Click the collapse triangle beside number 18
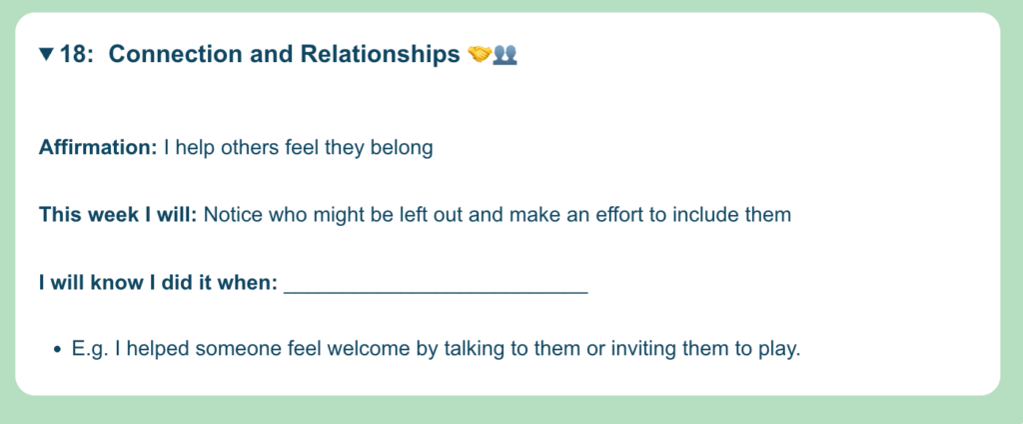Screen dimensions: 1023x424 (x=46, y=54)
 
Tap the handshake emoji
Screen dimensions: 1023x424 (x=480, y=54)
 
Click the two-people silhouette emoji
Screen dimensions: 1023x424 (x=505, y=54)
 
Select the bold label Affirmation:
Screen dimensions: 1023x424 (x=98, y=148)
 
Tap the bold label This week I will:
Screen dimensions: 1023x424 (x=118, y=214)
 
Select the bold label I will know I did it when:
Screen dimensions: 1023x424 (x=159, y=284)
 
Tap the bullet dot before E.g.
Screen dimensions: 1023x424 (x=57, y=350)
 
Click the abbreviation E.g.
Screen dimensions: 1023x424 (x=90, y=350)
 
